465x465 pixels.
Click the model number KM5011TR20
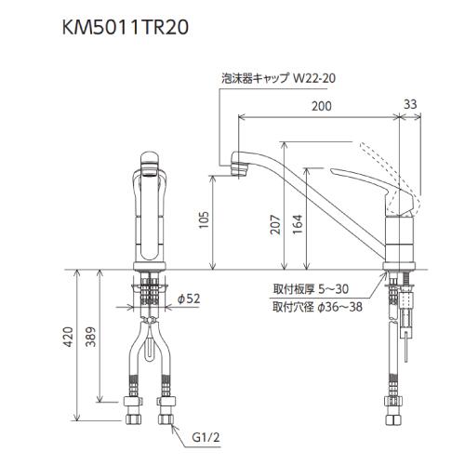click(x=126, y=28)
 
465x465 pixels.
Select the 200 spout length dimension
click(x=322, y=108)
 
